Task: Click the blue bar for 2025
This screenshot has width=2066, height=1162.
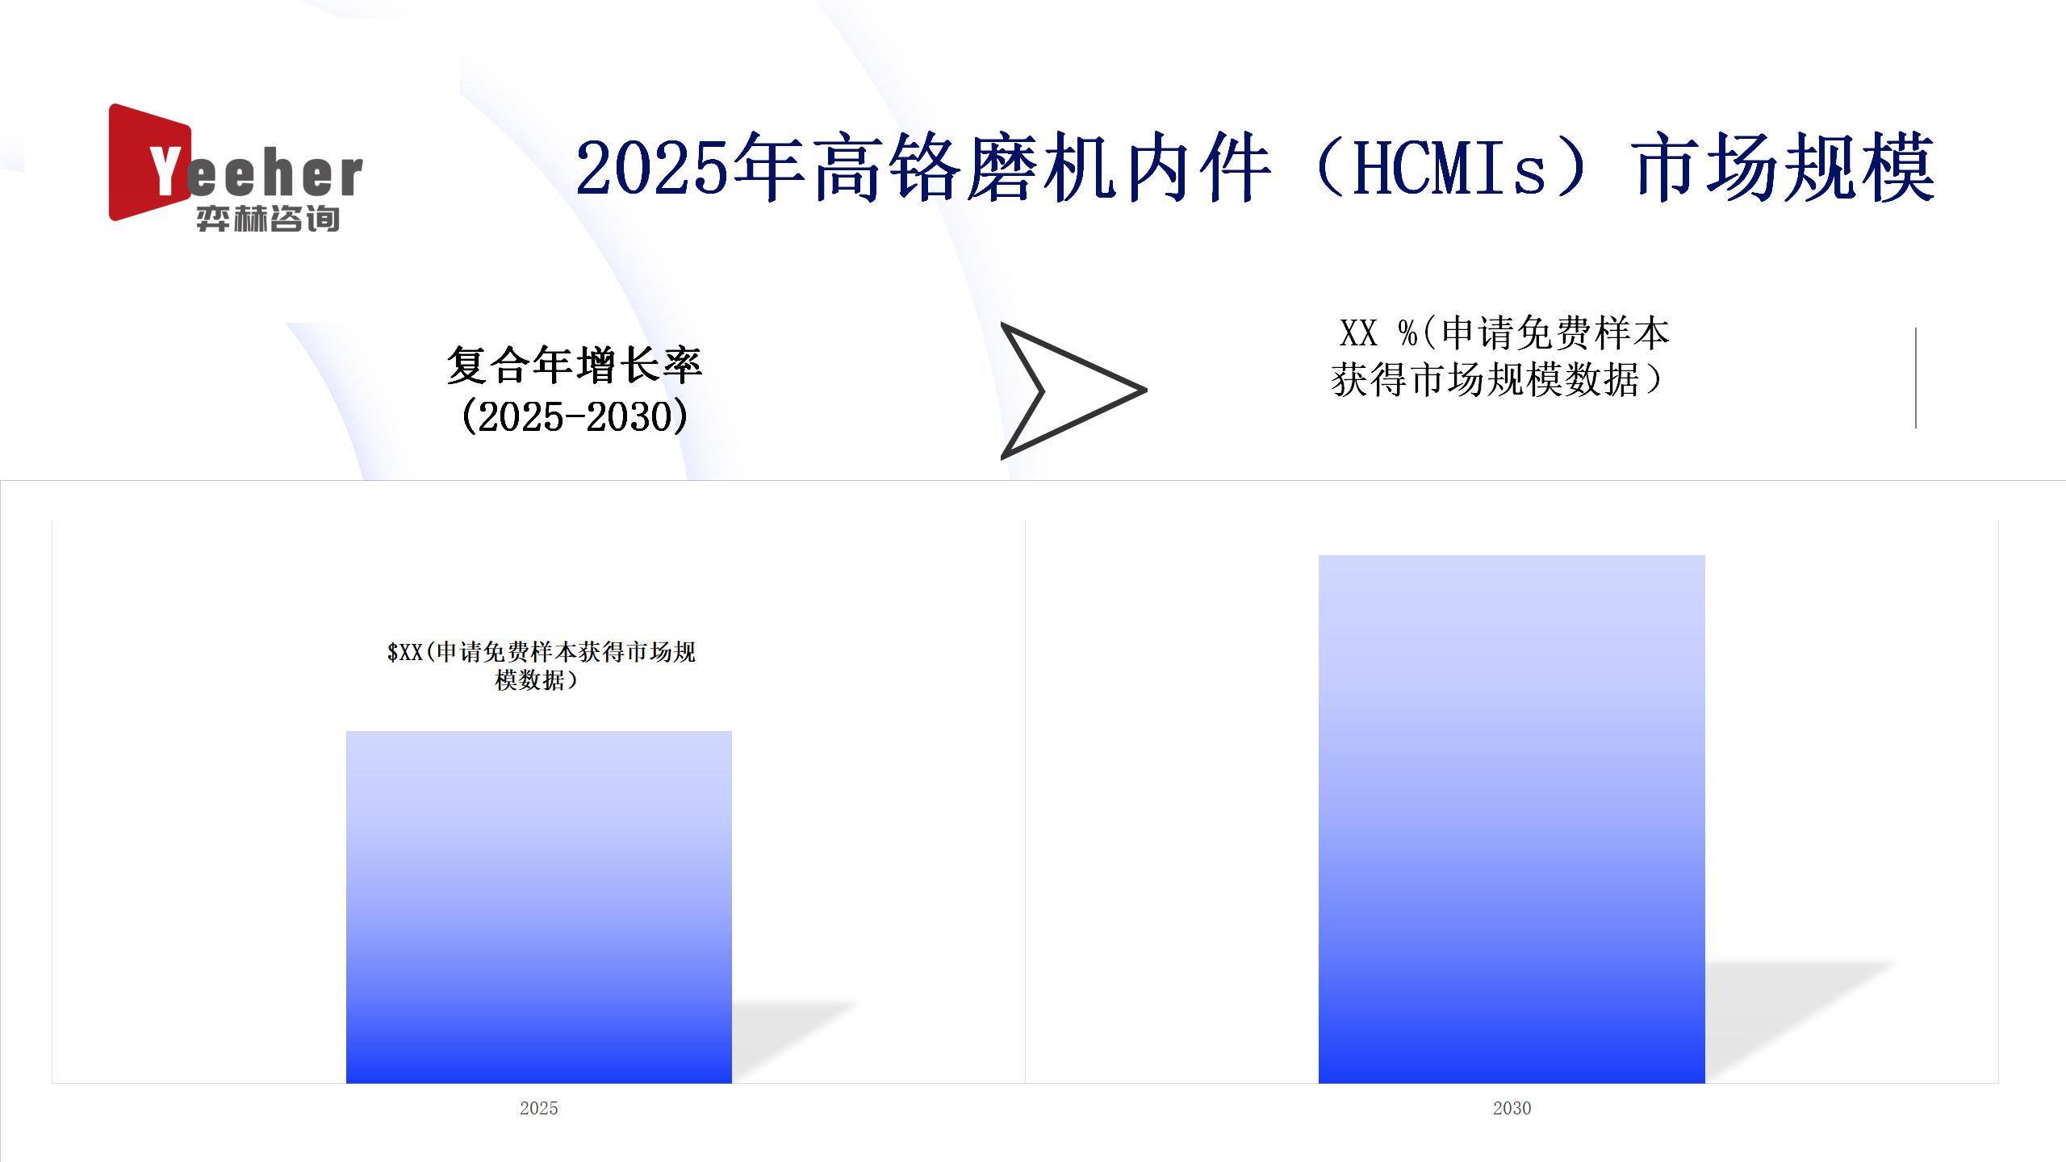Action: coord(538,907)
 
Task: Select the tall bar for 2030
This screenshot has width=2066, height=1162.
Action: coord(1512,819)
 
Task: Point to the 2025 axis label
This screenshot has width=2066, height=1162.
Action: coord(538,1108)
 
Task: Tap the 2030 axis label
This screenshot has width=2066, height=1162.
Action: coord(1512,1108)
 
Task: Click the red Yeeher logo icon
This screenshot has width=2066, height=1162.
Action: coord(149,161)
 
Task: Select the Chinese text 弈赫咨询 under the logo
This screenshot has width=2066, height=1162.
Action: coord(267,219)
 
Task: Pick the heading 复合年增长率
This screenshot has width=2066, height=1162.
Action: coord(575,365)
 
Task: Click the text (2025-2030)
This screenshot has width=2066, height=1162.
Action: coord(575,416)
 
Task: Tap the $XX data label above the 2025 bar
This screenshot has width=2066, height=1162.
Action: coord(541,666)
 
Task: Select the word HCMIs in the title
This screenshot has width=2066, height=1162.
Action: coord(1449,169)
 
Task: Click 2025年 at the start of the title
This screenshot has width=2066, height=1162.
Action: coord(690,169)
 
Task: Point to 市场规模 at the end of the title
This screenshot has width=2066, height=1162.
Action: coord(1784,169)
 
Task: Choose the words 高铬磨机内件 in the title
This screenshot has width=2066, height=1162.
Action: coord(1042,169)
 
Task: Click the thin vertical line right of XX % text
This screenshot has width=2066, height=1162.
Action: coord(1915,378)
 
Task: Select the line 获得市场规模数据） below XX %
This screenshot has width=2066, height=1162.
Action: coord(1497,379)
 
